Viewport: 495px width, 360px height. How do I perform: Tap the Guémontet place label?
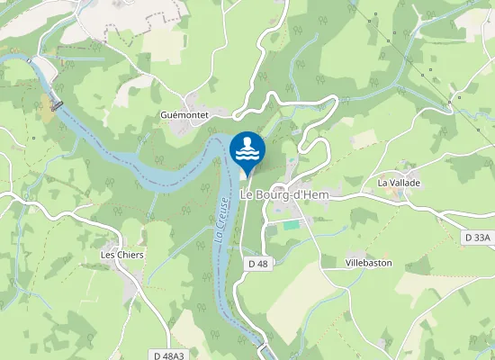coord(184,115)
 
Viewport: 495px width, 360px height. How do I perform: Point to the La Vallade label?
coord(399,183)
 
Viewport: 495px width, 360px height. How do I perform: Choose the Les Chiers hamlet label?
coord(122,255)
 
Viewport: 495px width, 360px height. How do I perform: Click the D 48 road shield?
coord(256,264)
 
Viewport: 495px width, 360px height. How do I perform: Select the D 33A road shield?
coord(478,238)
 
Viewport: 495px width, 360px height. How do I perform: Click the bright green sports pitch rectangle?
coord(290,224)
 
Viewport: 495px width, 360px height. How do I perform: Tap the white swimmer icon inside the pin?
coord(247,148)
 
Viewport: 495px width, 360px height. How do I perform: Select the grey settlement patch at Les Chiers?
coord(126,270)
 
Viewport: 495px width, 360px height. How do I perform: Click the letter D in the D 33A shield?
coord(470,238)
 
